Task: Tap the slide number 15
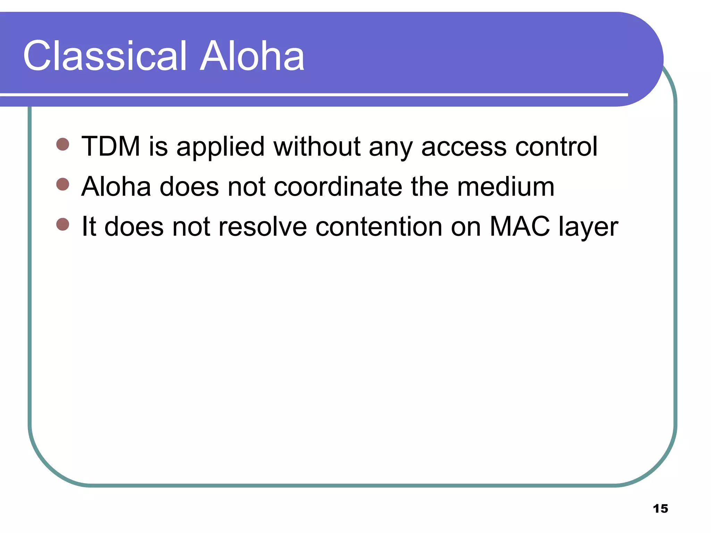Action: coord(660,509)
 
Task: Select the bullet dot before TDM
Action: coord(63,144)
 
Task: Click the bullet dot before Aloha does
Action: coord(63,184)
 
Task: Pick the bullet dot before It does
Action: coord(63,224)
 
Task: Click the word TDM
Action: coord(111,146)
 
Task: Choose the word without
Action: coord(317,146)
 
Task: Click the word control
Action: coord(556,146)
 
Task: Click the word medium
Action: coord(505,187)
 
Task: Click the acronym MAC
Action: coord(520,227)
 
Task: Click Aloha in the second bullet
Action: coord(116,187)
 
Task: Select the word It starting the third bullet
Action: coord(89,227)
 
